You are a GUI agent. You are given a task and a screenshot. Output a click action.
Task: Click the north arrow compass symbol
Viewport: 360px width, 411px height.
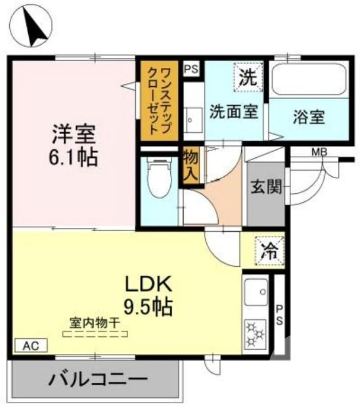[32, 26]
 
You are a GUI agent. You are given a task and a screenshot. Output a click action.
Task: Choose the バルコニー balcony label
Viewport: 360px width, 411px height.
[98, 381]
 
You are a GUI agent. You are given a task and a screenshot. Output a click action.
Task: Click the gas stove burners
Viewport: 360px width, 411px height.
[255, 333]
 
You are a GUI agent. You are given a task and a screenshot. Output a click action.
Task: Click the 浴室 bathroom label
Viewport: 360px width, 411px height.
[308, 118]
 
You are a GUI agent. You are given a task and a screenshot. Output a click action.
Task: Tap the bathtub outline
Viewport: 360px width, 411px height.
[309, 79]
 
